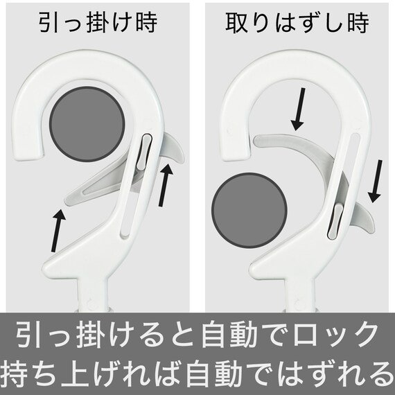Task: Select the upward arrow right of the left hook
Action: click(164, 184)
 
